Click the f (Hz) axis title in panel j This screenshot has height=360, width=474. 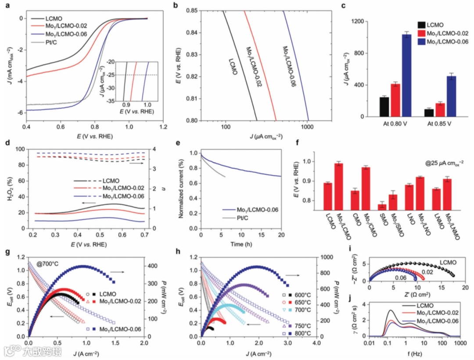[414, 351]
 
